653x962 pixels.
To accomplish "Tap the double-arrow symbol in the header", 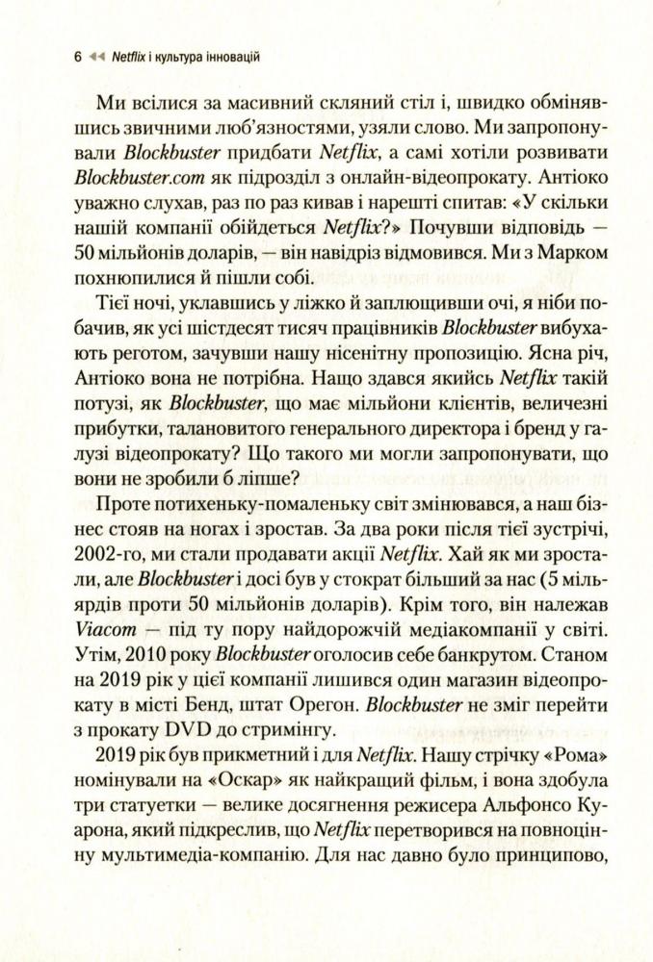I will (x=94, y=57).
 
